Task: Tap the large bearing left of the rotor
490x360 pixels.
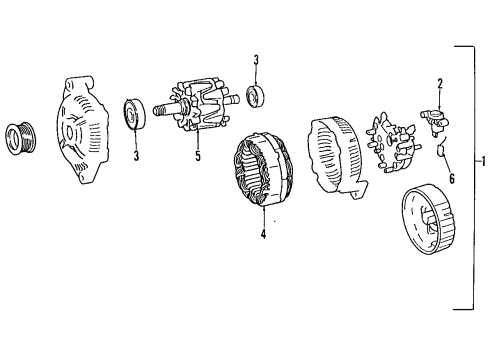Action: tap(135, 115)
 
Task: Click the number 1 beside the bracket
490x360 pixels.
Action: tap(484, 163)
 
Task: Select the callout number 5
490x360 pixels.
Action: tap(197, 156)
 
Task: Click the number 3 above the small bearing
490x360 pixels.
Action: tap(256, 61)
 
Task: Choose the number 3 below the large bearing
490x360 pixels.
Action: tap(136, 156)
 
